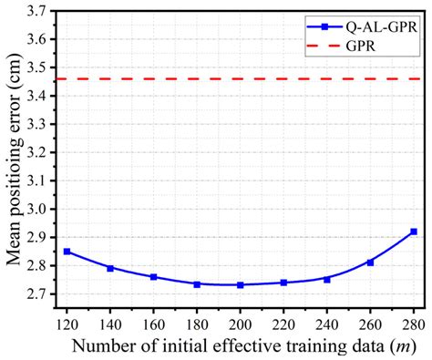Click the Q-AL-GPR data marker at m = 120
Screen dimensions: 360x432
click(x=67, y=252)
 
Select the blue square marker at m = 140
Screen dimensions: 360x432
click(x=110, y=268)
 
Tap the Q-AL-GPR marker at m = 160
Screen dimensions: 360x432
click(x=153, y=277)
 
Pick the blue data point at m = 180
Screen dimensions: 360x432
click(x=197, y=284)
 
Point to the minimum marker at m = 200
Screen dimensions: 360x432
click(x=240, y=285)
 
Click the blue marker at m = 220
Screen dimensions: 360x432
click(x=283, y=283)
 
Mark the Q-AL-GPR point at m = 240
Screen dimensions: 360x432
click(x=327, y=279)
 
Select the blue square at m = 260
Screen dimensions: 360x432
click(x=370, y=262)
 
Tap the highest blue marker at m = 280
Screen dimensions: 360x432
click(x=414, y=231)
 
